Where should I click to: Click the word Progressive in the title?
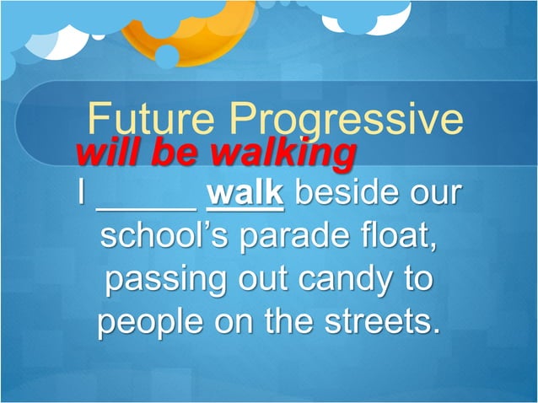[x=346, y=121]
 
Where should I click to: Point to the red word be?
[x=179, y=154]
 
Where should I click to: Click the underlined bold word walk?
[x=245, y=192]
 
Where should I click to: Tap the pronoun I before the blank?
[x=80, y=192]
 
